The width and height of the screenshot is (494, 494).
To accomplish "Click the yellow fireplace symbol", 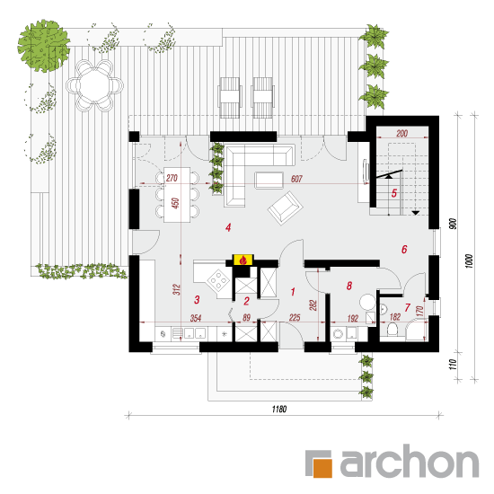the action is (243, 260).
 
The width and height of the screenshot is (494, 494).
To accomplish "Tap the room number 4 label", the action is (228, 227).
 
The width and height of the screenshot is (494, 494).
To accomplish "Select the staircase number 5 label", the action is (394, 193).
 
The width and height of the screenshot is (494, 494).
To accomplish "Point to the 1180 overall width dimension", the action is (279, 410).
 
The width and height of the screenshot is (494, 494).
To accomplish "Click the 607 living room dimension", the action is (296, 179).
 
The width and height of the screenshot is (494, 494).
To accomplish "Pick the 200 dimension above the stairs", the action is (402, 133).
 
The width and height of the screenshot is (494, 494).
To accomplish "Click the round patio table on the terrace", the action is (94, 85).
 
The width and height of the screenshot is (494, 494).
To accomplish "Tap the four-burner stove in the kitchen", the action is (217, 279).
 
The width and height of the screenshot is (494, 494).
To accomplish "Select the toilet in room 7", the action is (393, 329).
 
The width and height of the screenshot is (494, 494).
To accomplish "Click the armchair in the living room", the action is (286, 207).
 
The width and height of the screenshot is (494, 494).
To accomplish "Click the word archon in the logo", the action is (410, 462).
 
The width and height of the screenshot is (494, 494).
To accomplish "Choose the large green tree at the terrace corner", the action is (43, 46).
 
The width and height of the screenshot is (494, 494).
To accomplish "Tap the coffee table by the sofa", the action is (269, 181).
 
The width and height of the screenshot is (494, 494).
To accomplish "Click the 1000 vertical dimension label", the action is (469, 261).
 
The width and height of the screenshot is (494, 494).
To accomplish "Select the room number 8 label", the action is (349, 286).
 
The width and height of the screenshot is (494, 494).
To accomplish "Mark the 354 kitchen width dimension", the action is (196, 318).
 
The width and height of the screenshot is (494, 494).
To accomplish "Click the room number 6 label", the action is (404, 250).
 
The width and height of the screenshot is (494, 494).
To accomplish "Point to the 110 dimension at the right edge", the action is (453, 365).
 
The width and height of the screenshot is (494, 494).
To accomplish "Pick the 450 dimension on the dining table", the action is (175, 203).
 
